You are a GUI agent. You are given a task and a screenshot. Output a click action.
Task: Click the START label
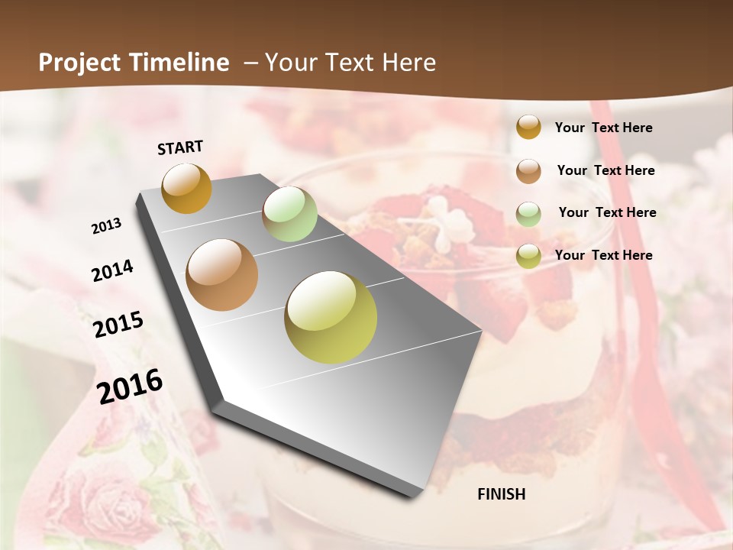[x=180, y=147]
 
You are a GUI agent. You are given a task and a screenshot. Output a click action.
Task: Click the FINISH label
[x=501, y=494]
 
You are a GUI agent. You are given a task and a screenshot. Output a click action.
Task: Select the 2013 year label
[x=107, y=226]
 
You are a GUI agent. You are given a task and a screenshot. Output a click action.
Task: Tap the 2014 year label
[x=113, y=271]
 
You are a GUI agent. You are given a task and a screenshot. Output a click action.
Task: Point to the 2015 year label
[x=118, y=325]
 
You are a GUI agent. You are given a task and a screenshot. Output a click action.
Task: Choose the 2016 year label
[x=130, y=386]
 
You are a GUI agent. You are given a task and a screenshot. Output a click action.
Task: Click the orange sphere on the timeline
[x=186, y=188]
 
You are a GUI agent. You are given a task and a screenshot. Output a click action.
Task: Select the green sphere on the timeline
[x=289, y=214]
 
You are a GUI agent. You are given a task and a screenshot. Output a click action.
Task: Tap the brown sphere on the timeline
[x=221, y=275]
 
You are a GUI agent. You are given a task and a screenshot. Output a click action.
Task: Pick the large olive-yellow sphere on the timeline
[x=331, y=317]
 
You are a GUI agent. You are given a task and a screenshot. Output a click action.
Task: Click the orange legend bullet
[x=528, y=127]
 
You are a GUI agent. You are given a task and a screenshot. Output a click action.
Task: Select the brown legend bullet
[x=528, y=171]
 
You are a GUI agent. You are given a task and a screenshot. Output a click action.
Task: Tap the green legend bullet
[x=528, y=214]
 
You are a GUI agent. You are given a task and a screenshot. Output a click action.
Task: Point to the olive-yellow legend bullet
[x=528, y=256]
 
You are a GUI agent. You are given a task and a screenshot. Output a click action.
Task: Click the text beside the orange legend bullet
[x=603, y=128]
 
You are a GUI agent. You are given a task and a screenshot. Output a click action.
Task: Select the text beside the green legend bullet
[x=607, y=212]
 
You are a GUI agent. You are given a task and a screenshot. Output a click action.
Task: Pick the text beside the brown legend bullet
[x=605, y=170]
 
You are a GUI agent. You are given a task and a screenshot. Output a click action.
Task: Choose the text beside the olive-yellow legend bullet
[x=603, y=255]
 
